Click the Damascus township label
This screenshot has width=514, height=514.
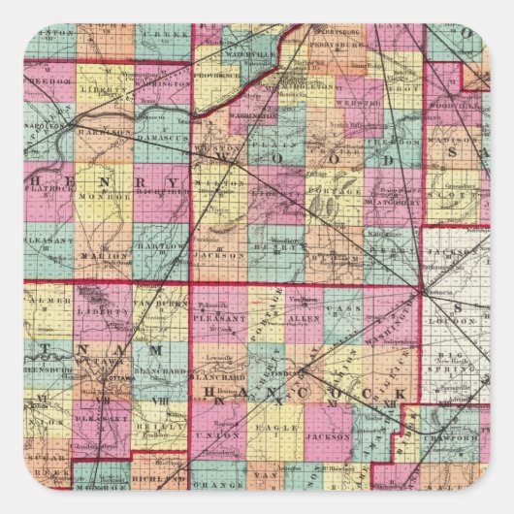(161, 140)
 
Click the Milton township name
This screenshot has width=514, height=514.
(215, 182)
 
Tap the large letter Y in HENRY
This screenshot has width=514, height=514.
(171, 182)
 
